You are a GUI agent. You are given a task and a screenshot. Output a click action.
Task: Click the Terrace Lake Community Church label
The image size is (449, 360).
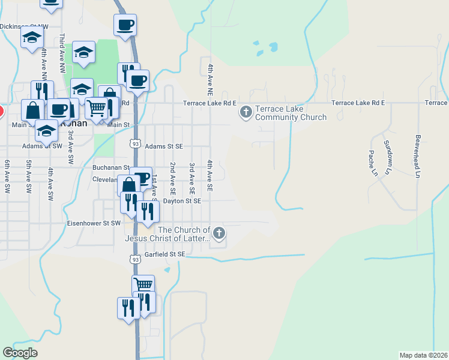click(x=291, y=113)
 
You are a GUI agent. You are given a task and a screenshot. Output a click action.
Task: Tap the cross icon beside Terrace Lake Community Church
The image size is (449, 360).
click(x=246, y=112)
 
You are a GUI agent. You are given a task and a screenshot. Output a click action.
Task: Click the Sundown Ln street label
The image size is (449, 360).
click(x=388, y=154)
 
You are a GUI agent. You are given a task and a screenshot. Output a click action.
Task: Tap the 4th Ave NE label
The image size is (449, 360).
click(x=210, y=80)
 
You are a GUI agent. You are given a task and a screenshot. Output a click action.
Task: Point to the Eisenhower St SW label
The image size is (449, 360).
click(x=93, y=223)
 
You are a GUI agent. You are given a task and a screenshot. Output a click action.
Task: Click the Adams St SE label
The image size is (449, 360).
click(x=164, y=146)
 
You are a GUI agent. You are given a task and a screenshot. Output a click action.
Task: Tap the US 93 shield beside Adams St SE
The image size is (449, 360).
click(x=136, y=145)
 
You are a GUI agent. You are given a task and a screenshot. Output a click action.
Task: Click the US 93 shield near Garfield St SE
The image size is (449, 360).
click(x=136, y=257)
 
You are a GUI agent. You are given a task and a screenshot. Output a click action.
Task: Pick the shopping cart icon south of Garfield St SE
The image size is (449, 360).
click(x=143, y=284)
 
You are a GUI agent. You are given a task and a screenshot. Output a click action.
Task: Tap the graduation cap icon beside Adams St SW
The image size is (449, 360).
click(x=46, y=130)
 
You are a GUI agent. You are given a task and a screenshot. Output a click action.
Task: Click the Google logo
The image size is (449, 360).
click(x=20, y=353)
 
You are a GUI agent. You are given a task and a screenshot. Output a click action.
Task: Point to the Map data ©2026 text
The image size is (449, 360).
click(x=423, y=355)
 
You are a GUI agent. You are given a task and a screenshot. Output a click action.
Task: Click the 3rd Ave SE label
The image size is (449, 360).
click(x=191, y=176)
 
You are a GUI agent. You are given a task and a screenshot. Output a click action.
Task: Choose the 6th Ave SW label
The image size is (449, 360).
click(x=7, y=176)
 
